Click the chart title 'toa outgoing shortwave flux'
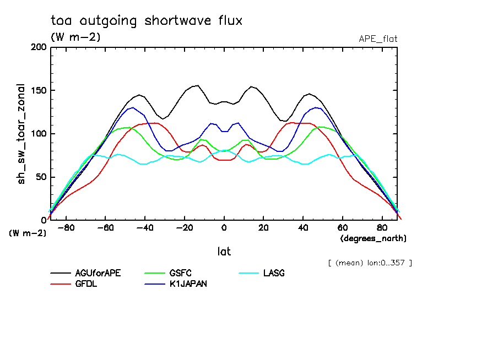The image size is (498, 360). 147,21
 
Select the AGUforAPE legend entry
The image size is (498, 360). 98,273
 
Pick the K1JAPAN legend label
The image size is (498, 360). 188,284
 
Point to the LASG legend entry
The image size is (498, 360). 274,273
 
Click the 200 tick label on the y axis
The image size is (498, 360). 38,47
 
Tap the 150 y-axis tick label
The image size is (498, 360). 38,90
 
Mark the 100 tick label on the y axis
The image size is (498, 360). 38,134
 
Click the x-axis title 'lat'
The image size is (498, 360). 224,252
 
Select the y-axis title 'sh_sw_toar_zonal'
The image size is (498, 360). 21,134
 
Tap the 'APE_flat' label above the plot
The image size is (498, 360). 378,39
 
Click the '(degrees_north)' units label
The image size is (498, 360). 373,238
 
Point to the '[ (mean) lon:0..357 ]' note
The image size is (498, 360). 369,263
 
